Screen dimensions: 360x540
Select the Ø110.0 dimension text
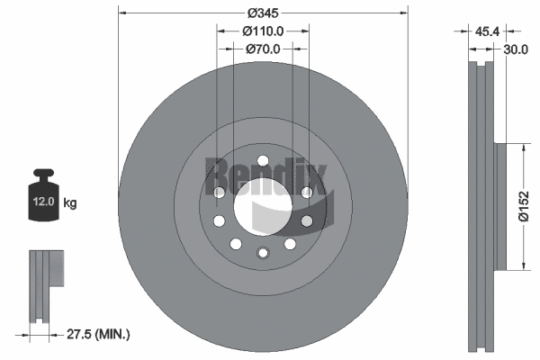(x=263, y=31)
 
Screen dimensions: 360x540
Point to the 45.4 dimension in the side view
(x=486, y=31)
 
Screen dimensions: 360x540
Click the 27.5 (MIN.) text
(x=100, y=334)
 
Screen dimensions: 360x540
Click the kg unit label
(x=69, y=203)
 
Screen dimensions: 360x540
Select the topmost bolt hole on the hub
(x=263, y=162)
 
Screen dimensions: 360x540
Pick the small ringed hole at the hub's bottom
(x=263, y=253)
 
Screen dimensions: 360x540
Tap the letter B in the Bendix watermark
(x=217, y=172)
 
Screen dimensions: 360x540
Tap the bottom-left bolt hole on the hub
(x=236, y=244)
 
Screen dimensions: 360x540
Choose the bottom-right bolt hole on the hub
(x=290, y=244)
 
